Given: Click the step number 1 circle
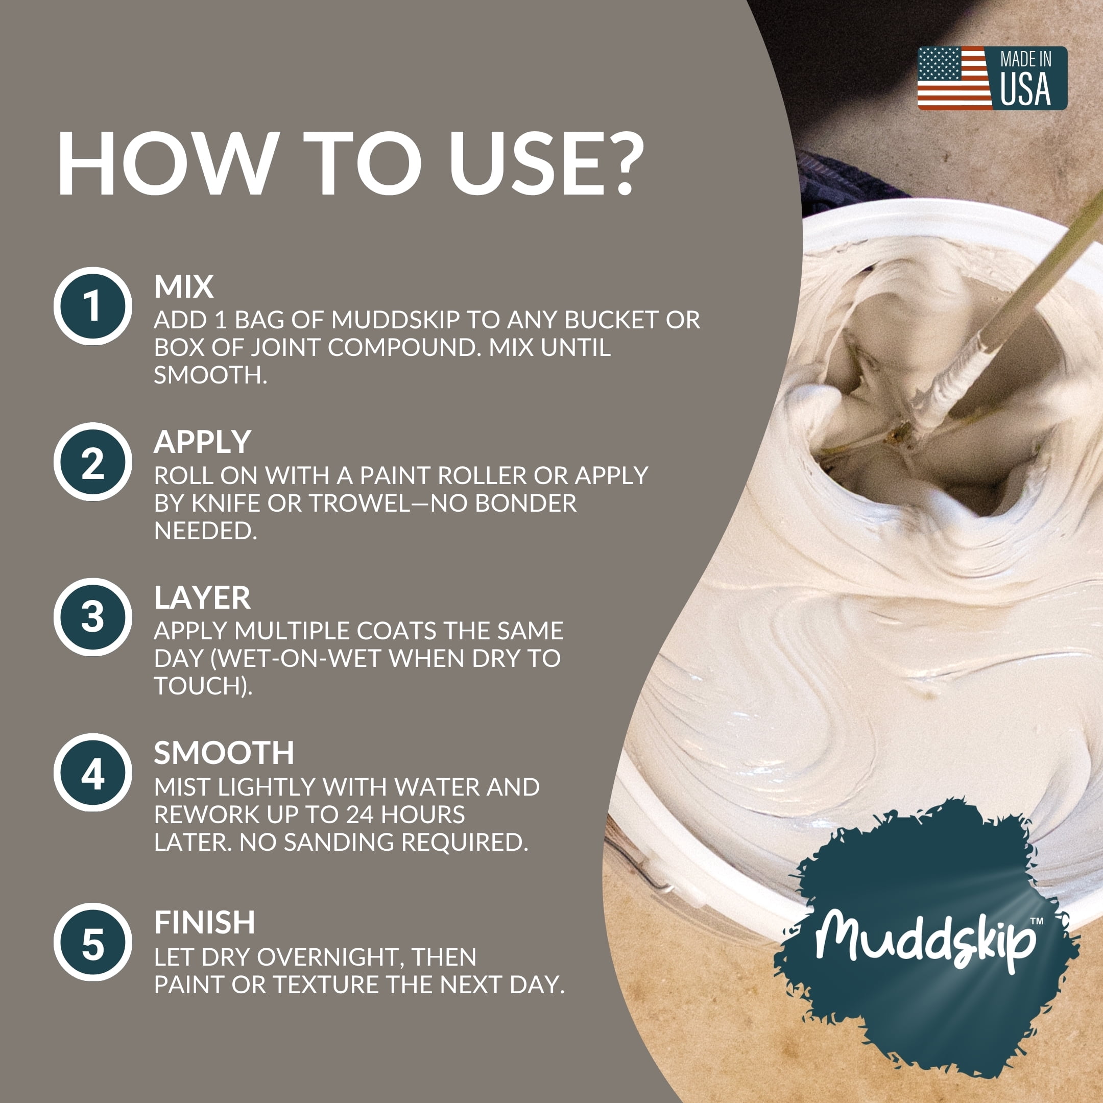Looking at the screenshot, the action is coord(93,306).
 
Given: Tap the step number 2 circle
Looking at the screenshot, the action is coord(93,462).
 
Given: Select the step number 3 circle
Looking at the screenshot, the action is coord(93,617).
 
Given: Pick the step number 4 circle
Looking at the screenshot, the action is coord(93,773).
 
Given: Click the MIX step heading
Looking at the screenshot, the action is coord(184,286).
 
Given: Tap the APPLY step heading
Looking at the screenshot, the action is coord(203,442).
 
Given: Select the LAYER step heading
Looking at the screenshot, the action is coord(202,598).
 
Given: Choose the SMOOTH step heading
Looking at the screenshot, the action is coord(224,753).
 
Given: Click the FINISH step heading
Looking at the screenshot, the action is coord(205,923).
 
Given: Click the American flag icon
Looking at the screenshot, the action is coord(954,78).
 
